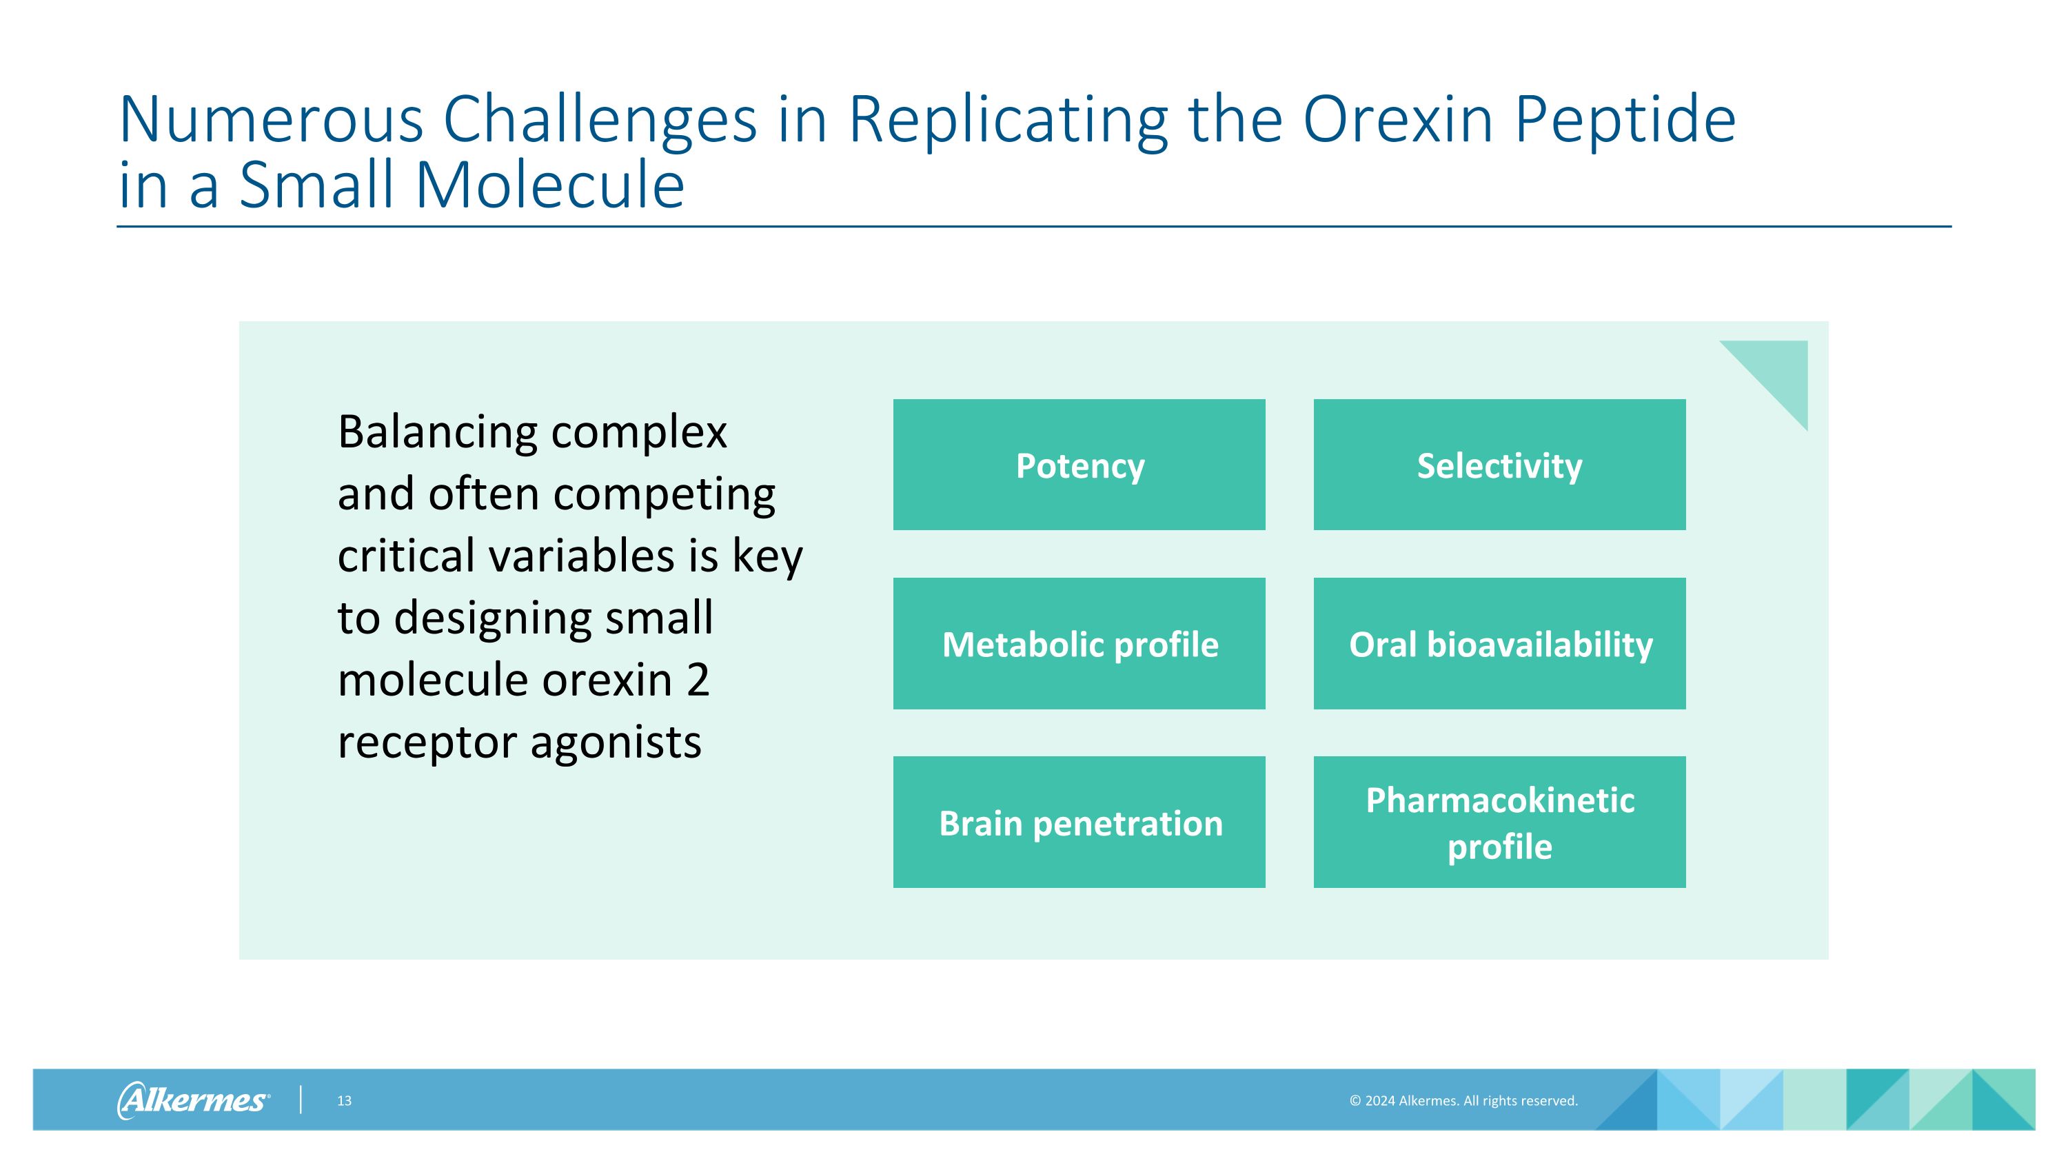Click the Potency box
[1079, 465]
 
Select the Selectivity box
[1499, 465]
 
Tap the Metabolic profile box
[1079, 644]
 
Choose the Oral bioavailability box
[1499, 644]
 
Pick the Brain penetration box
[1079, 822]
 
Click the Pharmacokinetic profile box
[1499, 822]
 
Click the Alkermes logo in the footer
[193, 1100]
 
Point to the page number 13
[343, 1100]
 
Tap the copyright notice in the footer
[1463, 1100]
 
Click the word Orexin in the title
[1397, 121]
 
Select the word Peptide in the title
[1625, 121]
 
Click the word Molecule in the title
[549, 186]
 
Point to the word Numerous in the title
[270, 121]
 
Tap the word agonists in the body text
[616, 742]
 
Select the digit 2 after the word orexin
[698, 680]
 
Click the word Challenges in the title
[600, 121]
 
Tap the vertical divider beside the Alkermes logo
[301, 1100]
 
